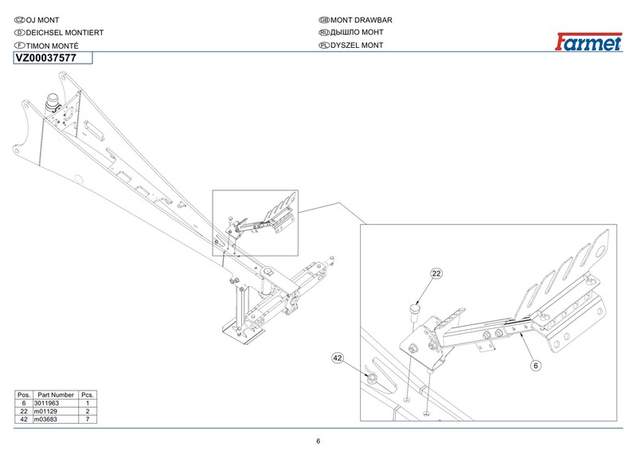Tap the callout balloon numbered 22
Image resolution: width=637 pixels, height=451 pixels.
click(436, 274)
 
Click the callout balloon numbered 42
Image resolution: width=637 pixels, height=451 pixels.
click(338, 359)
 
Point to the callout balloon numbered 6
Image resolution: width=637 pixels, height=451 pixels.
click(536, 366)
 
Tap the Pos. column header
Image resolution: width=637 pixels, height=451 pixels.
click(24, 395)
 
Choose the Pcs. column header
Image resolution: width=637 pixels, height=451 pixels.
click(88, 395)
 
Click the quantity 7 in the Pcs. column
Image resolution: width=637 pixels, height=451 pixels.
click(88, 418)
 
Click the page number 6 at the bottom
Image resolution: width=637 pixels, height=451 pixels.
click(318, 441)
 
